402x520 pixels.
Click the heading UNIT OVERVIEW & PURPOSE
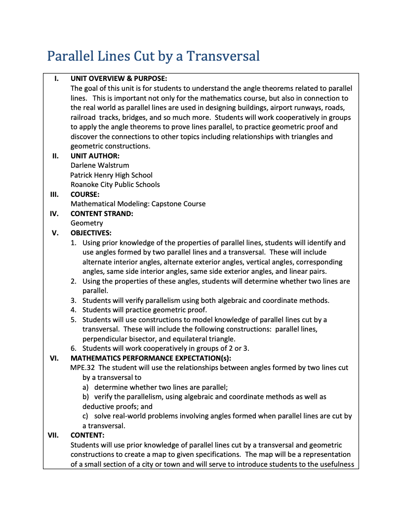coord(119,78)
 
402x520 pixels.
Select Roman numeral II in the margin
coord(56,156)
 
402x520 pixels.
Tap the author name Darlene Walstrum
coord(100,165)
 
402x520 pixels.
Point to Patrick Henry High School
coord(111,175)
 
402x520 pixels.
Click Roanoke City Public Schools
coord(115,185)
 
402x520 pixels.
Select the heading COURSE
coord(85,194)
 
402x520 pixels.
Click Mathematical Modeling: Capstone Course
coord(138,204)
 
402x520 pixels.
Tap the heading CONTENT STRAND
coord(102,214)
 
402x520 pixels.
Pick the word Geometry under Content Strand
coord(87,223)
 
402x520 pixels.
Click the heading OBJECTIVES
coord(91,233)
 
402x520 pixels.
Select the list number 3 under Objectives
coord(73,300)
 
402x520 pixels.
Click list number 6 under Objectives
coord(73,348)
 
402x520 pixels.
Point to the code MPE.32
coord(83,368)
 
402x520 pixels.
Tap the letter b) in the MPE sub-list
coord(86,397)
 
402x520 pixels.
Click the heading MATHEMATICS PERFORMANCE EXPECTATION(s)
coord(151,358)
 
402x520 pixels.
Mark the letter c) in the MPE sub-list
coord(86,416)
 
